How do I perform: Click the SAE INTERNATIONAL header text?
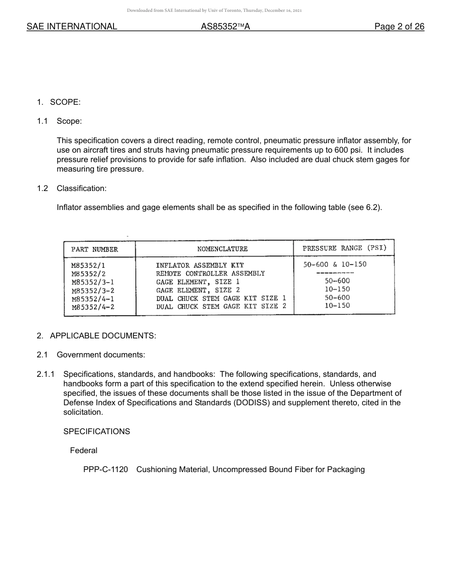click(x=72, y=27)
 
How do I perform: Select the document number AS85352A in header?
click(x=225, y=27)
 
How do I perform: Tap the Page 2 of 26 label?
click(x=399, y=27)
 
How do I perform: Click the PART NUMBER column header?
click(x=94, y=249)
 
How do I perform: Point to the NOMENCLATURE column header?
click(x=222, y=249)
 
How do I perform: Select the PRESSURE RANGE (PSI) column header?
click(x=344, y=248)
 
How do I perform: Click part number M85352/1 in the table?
click(x=88, y=265)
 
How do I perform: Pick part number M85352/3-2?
click(x=93, y=291)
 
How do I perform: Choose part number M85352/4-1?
click(x=93, y=299)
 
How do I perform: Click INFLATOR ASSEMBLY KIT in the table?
click(x=199, y=265)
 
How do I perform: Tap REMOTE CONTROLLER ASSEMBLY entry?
click(x=210, y=273)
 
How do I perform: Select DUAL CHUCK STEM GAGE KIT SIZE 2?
click(x=221, y=306)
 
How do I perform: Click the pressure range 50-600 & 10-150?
click(x=335, y=264)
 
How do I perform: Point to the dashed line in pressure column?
click(x=335, y=273)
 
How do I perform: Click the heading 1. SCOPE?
click(x=58, y=102)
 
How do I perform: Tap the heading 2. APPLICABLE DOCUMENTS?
click(x=96, y=336)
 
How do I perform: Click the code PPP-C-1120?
click(x=105, y=469)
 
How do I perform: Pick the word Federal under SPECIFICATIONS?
click(x=84, y=450)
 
